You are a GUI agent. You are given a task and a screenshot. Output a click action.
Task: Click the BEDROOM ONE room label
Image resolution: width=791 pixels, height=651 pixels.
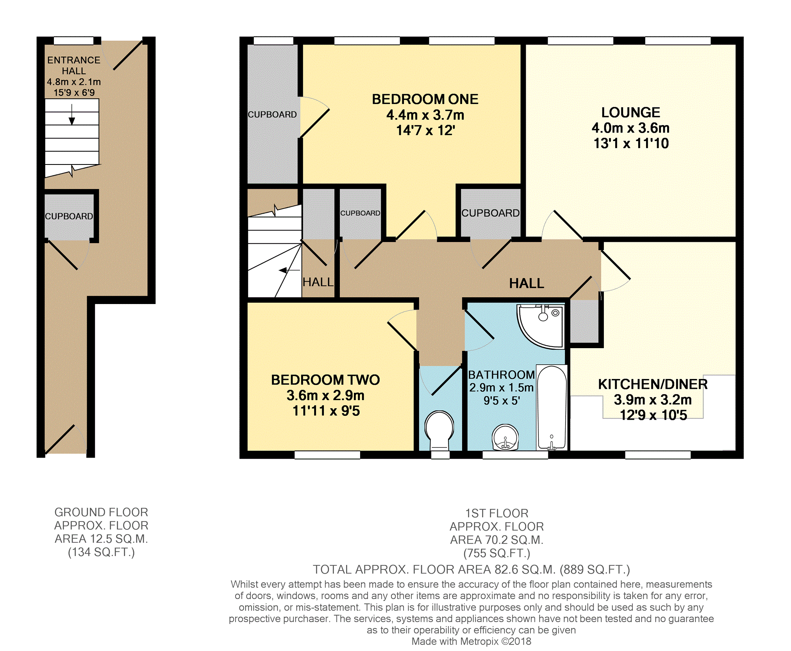425,99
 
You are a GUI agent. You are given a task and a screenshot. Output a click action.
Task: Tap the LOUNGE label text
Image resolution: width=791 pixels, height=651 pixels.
630,113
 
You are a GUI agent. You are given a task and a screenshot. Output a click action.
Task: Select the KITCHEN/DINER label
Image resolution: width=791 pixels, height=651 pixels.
653,384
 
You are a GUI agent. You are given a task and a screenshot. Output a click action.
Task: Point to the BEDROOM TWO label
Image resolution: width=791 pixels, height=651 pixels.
325,380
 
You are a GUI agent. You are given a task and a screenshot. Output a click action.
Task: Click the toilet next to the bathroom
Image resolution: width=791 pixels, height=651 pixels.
439,430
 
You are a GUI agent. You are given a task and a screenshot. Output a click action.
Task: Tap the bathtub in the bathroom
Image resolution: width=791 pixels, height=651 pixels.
552,407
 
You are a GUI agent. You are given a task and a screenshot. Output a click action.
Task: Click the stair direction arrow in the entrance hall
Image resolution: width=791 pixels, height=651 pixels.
72,114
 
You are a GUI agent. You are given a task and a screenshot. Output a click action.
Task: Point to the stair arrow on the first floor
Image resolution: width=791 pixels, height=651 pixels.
289,270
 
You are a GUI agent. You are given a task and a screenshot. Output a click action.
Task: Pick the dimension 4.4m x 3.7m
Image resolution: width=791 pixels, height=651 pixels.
425,115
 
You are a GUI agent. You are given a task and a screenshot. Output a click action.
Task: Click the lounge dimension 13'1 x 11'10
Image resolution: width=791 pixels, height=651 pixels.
631,143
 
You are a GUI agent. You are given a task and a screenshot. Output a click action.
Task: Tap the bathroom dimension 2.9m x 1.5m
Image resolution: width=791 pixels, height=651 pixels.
501,388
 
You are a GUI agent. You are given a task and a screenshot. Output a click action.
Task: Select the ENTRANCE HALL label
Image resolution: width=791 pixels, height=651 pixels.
74,65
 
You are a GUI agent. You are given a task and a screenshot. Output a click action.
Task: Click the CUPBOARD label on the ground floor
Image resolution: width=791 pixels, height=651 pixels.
69,216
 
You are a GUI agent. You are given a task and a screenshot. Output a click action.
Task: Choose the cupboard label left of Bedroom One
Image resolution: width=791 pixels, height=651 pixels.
272,114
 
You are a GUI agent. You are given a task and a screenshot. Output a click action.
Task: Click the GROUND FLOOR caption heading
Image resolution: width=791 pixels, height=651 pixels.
101,512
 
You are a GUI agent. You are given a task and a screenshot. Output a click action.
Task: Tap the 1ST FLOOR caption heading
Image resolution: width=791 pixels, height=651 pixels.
496,513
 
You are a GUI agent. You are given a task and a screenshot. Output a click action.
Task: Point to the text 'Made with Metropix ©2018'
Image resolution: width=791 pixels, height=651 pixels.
471,641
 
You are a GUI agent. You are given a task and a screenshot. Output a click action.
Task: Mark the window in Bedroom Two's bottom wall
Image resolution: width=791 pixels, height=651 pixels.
327,455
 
